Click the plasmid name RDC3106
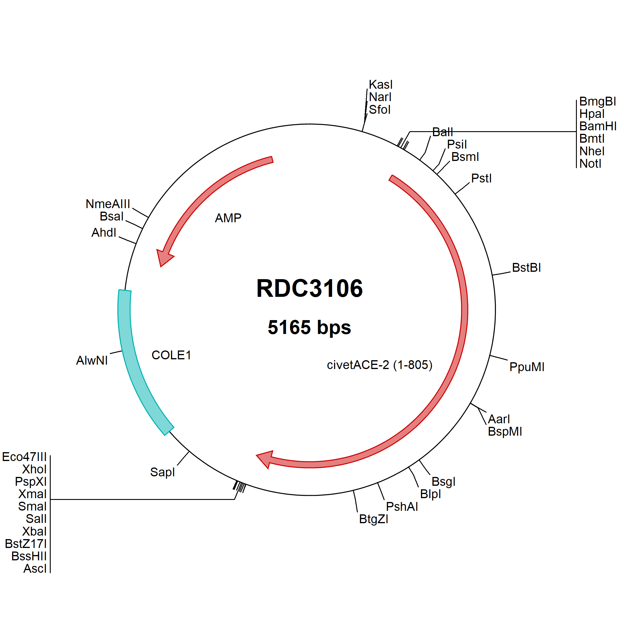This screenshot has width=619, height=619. click(x=309, y=288)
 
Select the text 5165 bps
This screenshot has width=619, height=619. click(x=309, y=327)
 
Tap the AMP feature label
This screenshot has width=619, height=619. click(x=228, y=218)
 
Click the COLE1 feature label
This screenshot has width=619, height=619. click(x=172, y=355)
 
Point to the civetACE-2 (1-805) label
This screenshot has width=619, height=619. click(x=380, y=365)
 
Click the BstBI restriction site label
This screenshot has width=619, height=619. click(x=526, y=268)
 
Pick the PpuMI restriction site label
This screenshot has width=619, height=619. click(x=527, y=367)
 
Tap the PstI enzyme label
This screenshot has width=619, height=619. click(x=481, y=178)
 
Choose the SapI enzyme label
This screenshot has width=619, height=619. click(x=162, y=472)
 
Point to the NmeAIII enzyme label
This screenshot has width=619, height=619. click(x=108, y=204)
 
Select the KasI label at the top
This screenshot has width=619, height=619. click(x=381, y=85)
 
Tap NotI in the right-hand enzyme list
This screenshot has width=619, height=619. click(x=590, y=164)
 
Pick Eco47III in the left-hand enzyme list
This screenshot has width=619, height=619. click(x=24, y=457)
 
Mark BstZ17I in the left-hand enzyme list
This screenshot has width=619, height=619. click(x=26, y=544)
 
